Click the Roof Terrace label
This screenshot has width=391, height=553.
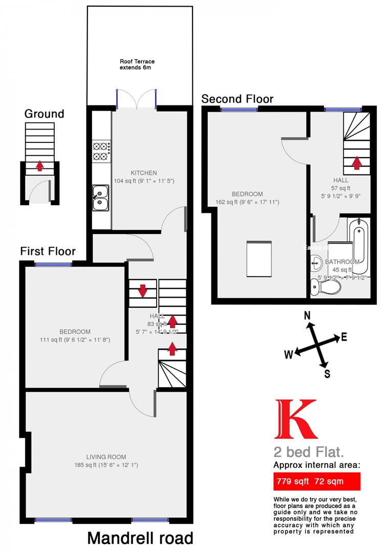coord(137,65)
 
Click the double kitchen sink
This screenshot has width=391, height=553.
coord(100,198)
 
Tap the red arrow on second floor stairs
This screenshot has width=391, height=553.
coord(356,163)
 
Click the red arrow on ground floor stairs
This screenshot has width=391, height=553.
coord(40,166)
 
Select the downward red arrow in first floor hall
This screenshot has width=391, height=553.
coord(142,291)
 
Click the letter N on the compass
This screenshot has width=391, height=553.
coord(308,316)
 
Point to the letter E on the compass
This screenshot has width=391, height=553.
coord(344,337)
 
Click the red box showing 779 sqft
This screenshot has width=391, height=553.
coord(316,481)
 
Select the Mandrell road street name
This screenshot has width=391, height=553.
coord(140,538)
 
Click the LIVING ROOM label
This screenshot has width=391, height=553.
coord(106,457)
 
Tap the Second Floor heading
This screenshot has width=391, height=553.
coord(237,99)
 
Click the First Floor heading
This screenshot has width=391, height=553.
coord(48,251)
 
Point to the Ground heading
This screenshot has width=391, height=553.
coord(45,114)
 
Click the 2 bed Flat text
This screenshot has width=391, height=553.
coord(308,452)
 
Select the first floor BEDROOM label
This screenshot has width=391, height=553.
coord(75,332)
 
